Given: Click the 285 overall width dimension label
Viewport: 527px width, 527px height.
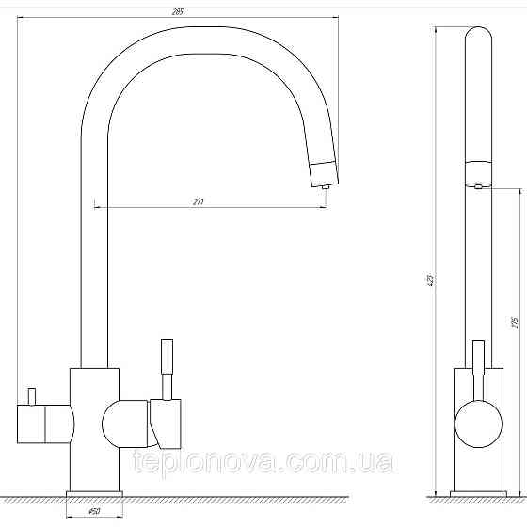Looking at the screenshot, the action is click(x=177, y=12).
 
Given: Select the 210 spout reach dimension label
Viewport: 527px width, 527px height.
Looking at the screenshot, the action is click(x=199, y=202).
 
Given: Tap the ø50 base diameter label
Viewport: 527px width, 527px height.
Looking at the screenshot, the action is click(x=94, y=512).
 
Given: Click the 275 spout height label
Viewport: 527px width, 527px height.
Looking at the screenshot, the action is click(x=515, y=322).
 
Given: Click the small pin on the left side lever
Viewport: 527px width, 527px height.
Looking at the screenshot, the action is click(x=32, y=396).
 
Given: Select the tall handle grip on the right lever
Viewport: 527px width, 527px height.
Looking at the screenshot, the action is click(x=168, y=357).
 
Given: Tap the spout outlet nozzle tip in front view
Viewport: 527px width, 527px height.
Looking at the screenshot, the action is click(x=325, y=187).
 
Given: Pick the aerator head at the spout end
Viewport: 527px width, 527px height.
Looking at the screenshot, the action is click(x=324, y=173).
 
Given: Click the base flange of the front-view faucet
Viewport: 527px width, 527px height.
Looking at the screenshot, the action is click(x=94, y=494).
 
